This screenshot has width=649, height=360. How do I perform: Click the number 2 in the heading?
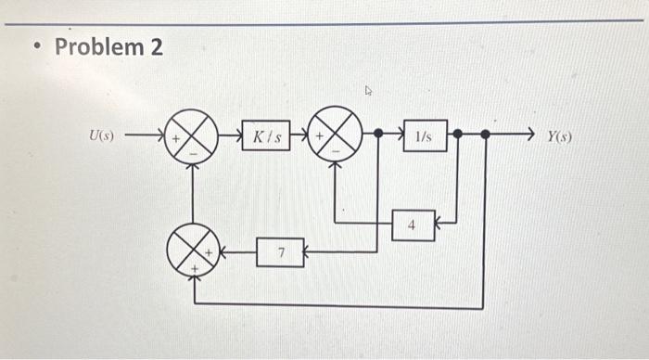point(156,46)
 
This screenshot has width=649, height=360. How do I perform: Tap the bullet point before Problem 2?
point(35,47)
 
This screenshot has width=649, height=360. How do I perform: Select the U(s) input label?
point(101,135)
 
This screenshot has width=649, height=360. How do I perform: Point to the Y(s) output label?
point(559,136)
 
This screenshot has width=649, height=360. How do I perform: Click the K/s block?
point(265,135)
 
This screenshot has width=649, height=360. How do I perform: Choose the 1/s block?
point(424,135)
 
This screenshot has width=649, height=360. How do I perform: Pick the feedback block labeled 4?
point(413,225)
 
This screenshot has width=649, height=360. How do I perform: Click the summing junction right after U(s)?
point(192,135)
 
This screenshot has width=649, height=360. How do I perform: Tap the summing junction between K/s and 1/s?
point(334,135)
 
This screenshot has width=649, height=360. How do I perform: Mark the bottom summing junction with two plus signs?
point(192,251)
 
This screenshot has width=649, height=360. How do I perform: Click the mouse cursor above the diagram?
point(368,91)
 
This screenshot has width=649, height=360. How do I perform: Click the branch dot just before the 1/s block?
point(378,135)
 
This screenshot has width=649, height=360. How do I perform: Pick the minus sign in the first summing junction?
point(192,151)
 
